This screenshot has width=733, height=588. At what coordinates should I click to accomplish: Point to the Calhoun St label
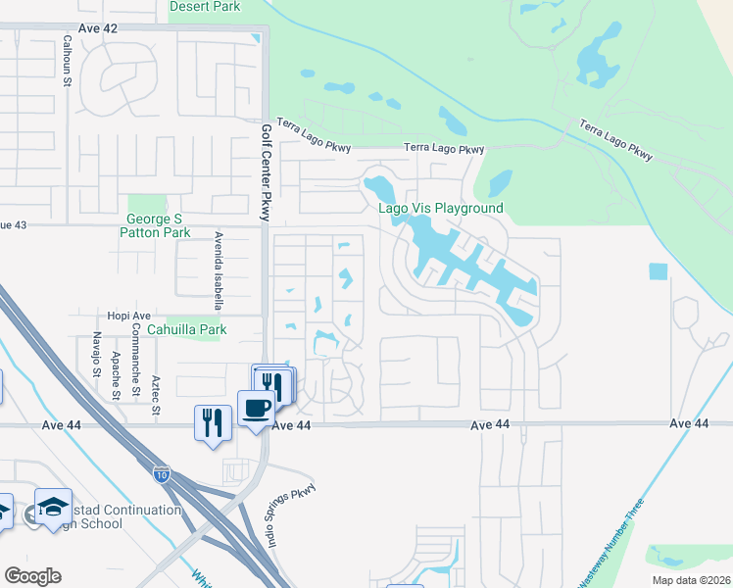68,61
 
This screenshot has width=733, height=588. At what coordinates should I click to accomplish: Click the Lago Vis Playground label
441,208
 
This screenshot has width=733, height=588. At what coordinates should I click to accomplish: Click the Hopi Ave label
128,316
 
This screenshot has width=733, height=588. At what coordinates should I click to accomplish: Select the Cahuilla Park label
186,330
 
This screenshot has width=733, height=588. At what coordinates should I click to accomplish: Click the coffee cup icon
256,409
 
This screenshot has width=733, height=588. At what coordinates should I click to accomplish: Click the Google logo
31,576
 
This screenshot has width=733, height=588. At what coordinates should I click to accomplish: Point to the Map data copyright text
690,580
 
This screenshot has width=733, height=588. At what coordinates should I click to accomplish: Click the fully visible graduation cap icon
53,506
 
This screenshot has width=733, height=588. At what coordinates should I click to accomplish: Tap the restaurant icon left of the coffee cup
213,422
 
